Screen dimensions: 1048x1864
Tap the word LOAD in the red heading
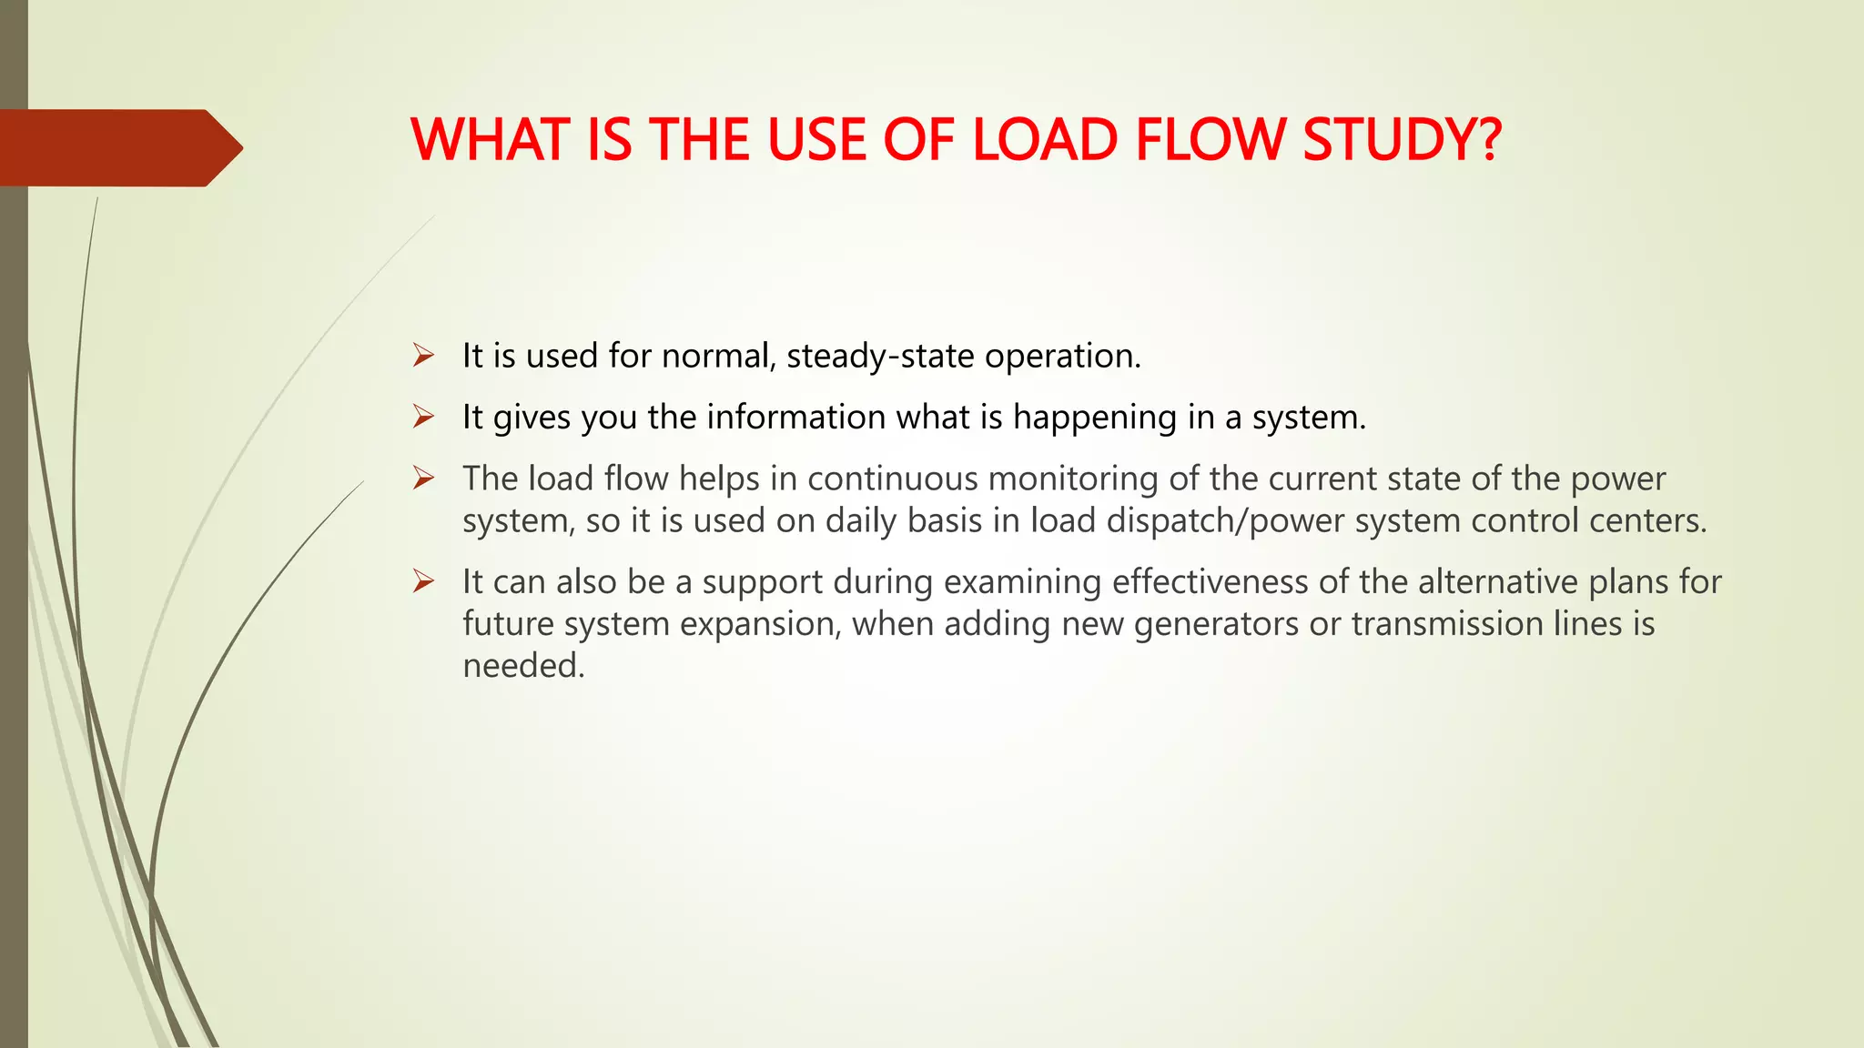(1045, 141)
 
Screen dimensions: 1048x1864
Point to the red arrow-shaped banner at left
(118, 147)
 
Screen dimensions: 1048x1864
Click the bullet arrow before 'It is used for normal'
(423, 355)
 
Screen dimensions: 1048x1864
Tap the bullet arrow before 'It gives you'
(423, 417)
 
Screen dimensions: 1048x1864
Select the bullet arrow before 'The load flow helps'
(423, 478)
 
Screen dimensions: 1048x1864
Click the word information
(795, 417)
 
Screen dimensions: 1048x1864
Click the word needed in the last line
(522, 666)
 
